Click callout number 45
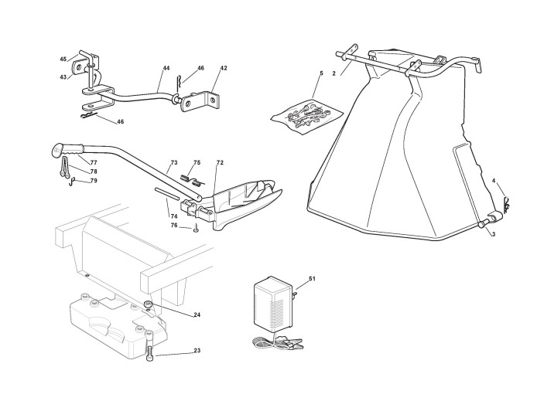[63, 59]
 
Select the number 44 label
[166, 68]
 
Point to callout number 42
[224, 68]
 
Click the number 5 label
[320, 73]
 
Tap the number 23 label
[197, 352]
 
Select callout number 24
[197, 314]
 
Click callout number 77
[93, 163]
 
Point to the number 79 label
[93, 181]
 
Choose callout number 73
[174, 163]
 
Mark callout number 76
[174, 225]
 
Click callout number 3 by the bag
[493, 233]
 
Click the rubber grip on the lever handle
[69, 148]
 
